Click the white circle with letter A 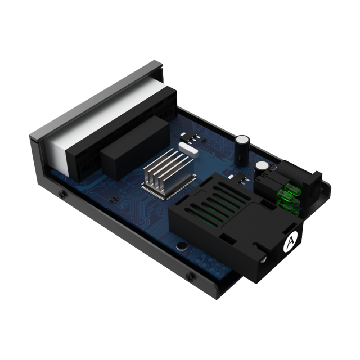point(291,241)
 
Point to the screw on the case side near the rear point(62,194)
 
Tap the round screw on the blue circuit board point(181,246)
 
